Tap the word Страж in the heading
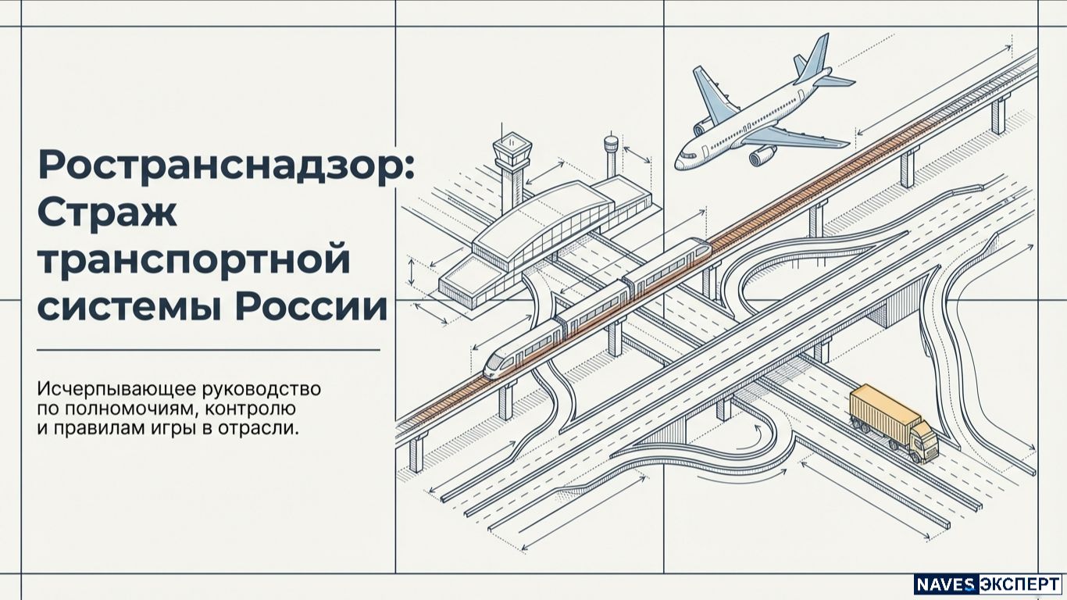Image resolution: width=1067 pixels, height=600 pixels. click(x=108, y=212)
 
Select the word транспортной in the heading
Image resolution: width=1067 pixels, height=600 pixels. click(x=194, y=261)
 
